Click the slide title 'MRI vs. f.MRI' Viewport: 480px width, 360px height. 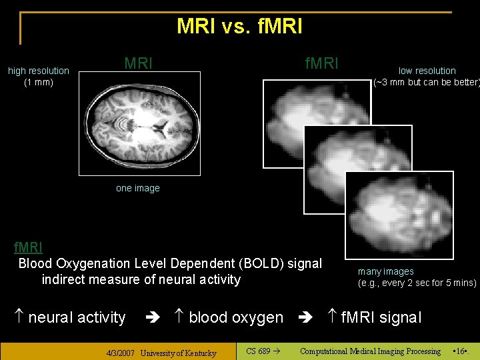[x=239, y=26]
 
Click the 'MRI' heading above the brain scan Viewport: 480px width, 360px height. [x=139, y=64]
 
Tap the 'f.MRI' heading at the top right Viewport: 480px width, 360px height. [x=321, y=64]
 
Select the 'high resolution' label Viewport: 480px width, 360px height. [x=39, y=71]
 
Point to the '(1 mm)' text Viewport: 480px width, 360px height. [x=39, y=83]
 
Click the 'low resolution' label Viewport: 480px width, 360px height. [x=427, y=71]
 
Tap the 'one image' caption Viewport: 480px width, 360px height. [x=138, y=188]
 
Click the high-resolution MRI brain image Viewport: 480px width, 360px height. [x=139, y=123]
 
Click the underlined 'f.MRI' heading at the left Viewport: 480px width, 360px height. [x=29, y=248]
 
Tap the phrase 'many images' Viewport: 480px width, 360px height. [x=386, y=271]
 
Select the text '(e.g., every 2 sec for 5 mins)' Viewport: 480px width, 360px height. [x=417, y=283]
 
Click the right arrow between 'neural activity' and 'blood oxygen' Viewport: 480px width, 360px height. [x=151, y=318]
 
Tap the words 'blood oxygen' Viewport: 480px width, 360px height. [x=236, y=317]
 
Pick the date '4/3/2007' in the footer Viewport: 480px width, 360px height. [x=122, y=353]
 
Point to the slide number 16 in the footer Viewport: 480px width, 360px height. [x=459, y=351]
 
